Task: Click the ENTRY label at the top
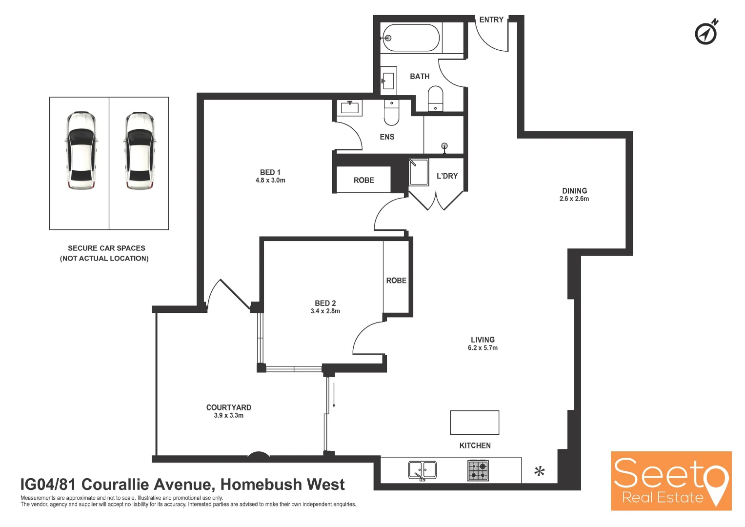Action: tap(491, 20)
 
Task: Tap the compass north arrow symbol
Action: tap(706, 33)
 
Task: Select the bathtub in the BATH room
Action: tap(411, 38)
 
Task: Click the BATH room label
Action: tap(420, 77)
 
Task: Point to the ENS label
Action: tap(387, 137)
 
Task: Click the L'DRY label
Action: tap(447, 176)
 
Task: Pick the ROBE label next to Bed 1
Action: tap(363, 181)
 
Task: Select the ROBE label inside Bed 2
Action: tap(396, 281)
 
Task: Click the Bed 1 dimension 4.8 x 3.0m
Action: tap(270, 181)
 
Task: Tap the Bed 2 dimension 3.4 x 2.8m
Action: tap(325, 311)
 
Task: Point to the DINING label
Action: tap(574, 191)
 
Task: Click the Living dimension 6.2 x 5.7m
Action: tap(483, 348)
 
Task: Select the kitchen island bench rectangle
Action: tap(474, 423)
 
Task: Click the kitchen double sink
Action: tap(422, 470)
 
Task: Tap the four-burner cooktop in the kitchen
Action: tap(478, 470)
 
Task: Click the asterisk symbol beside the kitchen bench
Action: tap(539, 472)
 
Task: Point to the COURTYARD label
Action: tap(228, 407)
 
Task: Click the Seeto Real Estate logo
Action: tap(671, 481)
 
